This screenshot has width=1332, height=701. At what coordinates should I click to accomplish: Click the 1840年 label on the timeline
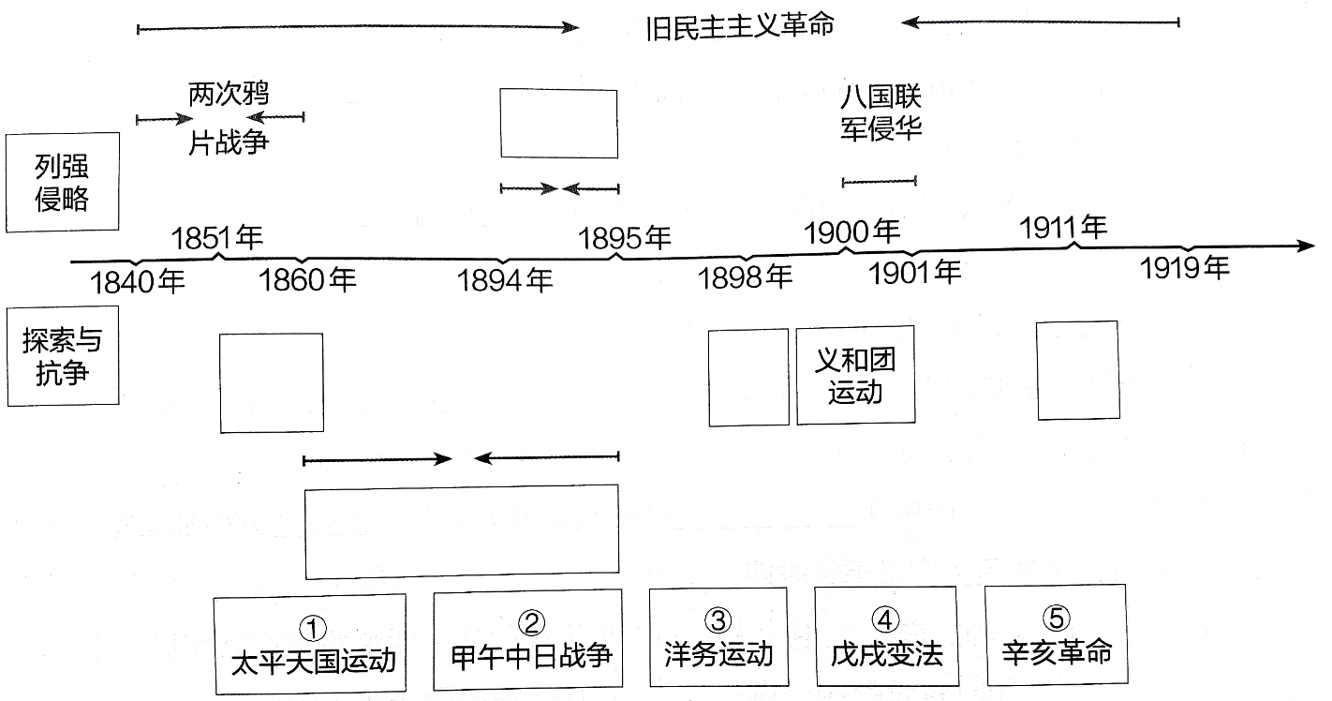coord(139,281)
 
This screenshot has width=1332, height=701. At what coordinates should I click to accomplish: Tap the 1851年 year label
coord(217,238)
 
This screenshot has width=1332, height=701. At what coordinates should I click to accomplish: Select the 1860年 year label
coord(307,279)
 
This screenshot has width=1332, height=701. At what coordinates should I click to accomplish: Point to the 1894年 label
coord(505,279)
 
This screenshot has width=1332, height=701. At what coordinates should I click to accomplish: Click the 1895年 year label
coord(625,238)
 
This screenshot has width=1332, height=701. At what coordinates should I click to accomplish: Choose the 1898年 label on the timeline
coord(746,276)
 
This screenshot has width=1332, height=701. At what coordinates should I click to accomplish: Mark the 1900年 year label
coord(852,231)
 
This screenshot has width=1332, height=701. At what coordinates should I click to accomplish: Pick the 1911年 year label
coord(1063,227)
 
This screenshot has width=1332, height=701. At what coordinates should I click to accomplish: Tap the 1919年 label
coord(1185,268)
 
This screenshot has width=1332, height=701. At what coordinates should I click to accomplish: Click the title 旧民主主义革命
coord(740,25)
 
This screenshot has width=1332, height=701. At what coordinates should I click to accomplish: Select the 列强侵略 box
coord(62,183)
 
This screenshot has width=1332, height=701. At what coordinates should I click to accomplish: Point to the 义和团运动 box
coord(855,375)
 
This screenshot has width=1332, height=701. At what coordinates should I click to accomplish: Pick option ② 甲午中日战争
coord(529,639)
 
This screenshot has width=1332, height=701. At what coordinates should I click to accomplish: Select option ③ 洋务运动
coord(718,638)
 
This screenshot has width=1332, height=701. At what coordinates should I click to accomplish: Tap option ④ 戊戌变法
coord(885,638)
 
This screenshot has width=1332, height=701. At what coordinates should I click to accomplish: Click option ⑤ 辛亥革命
coord(1056,636)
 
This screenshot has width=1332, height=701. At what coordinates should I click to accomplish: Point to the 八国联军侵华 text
coord(881,112)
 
